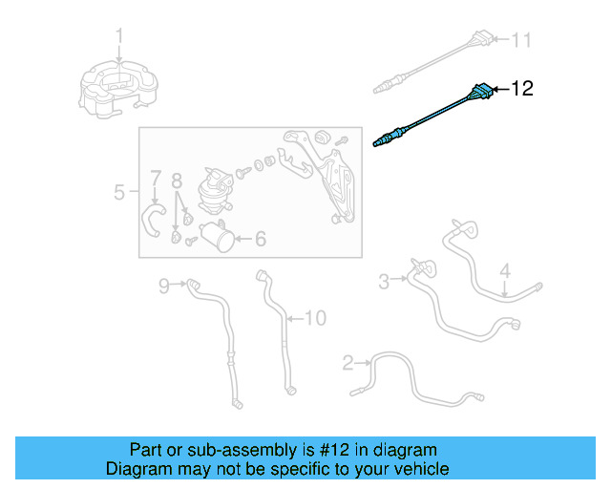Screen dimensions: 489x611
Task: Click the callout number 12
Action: [x=522, y=90]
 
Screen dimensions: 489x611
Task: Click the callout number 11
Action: [x=520, y=40]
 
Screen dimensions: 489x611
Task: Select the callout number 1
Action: [x=120, y=36]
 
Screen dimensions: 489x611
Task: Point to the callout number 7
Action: [x=155, y=178]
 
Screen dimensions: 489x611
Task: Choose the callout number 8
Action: [x=176, y=180]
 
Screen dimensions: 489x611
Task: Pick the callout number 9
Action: [x=163, y=285]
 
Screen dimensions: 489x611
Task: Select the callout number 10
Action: [x=314, y=317]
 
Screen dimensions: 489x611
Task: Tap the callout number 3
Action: [x=384, y=281]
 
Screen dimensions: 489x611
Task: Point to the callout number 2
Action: [x=348, y=363]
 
